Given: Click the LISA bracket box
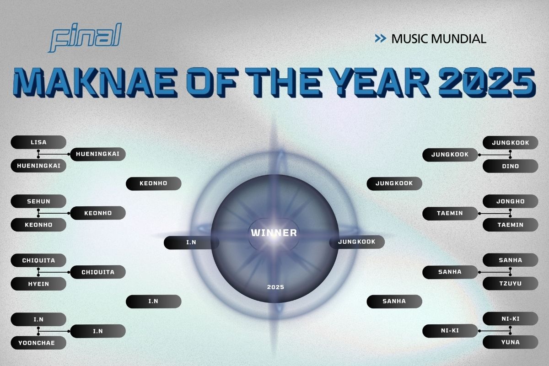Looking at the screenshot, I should pos(38,142).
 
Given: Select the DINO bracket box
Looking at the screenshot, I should pos(511,166).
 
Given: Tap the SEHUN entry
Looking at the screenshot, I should pos(38,201).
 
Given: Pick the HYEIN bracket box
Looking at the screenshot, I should pos(38,284).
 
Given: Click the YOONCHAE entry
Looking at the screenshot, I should pos(38,343).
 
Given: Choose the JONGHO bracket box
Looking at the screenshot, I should pos(511,201).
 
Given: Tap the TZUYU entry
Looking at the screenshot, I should pos(511,284).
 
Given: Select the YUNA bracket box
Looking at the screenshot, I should pos(511,342).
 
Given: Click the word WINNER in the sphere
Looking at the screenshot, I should pos(274,233).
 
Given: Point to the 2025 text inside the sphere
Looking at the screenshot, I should pos(275,287).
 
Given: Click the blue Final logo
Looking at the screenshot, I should pos(85,38).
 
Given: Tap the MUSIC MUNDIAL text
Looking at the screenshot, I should pos(438,39).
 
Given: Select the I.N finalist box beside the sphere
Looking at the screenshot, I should pos(191,242).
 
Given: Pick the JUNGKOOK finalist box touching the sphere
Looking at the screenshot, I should pos(357,242).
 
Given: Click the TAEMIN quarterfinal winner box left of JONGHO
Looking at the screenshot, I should pos(450,213).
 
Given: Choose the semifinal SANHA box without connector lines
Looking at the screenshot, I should pos(394,301).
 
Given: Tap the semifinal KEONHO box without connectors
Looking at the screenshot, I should pos(153,183).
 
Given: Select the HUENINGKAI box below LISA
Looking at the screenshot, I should pos(38,166).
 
